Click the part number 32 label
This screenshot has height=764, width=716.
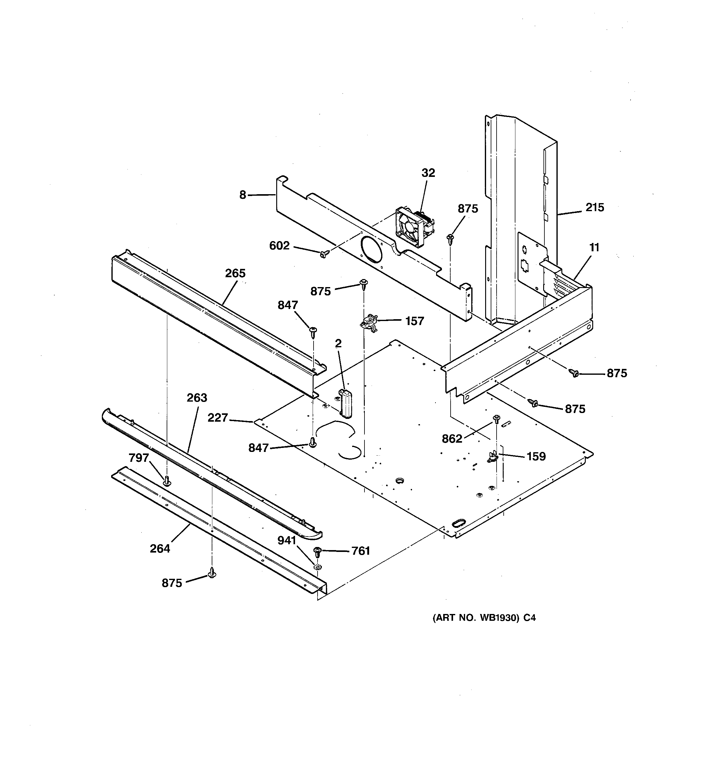tap(428, 173)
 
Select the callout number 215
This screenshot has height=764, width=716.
tap(594, 207)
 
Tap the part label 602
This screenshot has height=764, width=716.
tap(279, 246)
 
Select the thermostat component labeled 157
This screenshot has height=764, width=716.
tap(368, 321)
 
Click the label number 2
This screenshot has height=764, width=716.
tap(338, 343)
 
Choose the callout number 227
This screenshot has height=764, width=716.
tap(218, 417)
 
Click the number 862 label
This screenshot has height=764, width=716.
tap(452, 439)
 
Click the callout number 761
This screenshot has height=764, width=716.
tap(360, 551)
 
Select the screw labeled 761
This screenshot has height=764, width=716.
tap(318, 552)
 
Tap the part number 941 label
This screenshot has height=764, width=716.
tap(287, 540)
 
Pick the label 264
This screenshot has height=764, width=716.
tap(160, 549)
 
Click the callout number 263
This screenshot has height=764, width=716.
tap(197, 398)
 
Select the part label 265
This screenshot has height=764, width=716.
tap(235, 273)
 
